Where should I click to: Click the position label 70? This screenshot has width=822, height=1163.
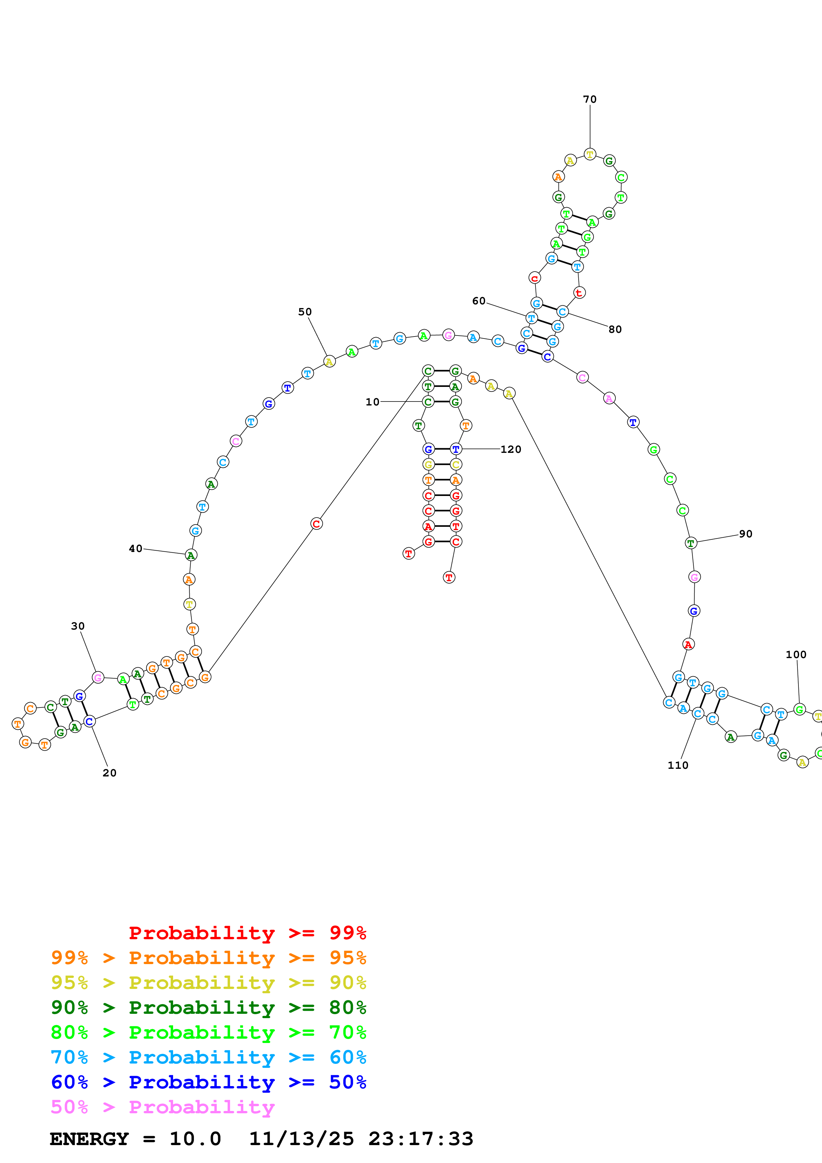(590, 99)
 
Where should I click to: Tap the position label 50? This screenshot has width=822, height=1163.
(305, 312)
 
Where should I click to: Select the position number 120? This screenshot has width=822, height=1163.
(511, 449)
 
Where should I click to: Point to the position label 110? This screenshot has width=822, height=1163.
(678, 765)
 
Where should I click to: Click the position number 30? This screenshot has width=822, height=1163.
(78, 626)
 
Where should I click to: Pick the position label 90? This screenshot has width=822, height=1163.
(745, 534)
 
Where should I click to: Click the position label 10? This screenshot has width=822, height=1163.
(372, 402)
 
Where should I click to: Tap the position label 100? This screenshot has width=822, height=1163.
(796, 654)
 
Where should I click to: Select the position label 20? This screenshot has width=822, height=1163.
(109, 773)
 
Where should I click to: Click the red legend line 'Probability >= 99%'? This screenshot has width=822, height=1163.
(247, 933)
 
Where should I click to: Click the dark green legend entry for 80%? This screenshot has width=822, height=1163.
(208, 1008)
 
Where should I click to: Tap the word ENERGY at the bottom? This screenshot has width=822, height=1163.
(89, 1139)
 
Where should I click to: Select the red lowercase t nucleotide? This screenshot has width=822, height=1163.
(579, 292)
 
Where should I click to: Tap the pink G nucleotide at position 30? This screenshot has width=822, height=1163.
(98, 678)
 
